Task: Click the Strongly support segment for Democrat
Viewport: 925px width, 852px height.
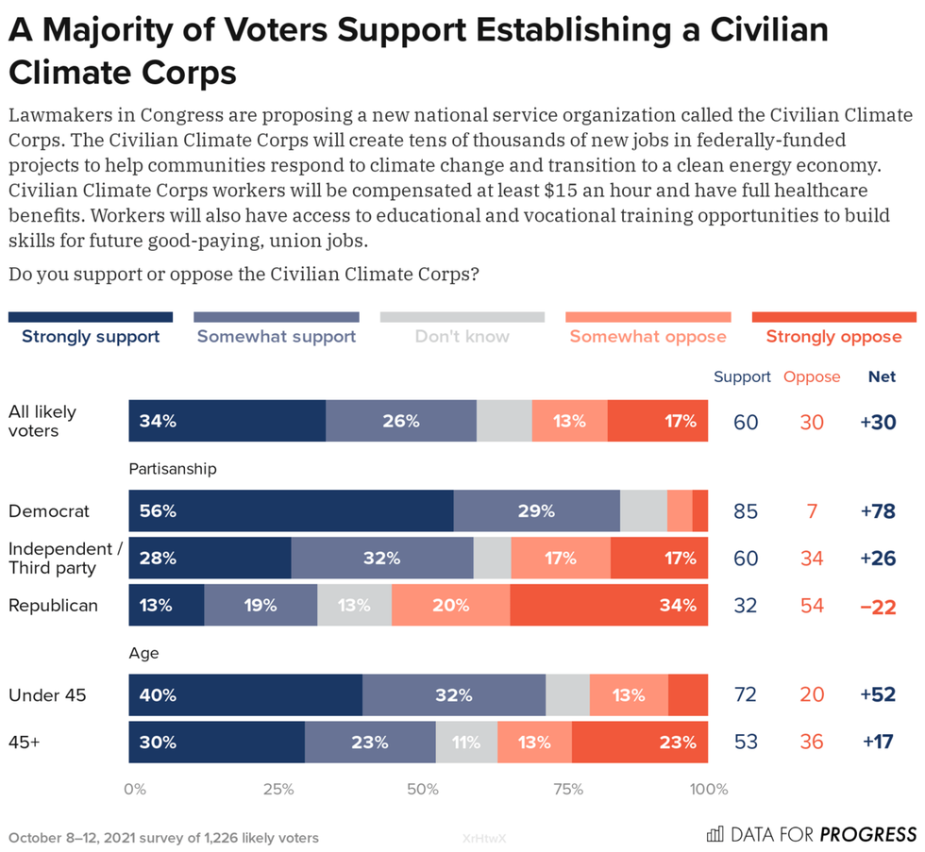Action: pos(291,511)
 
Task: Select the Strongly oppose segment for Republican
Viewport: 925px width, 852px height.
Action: pos(609,605)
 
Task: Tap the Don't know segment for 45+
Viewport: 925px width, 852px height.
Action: pos(466,742)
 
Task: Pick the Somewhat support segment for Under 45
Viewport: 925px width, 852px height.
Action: pos(454,695)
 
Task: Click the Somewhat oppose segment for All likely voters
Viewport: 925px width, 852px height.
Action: pos(569,421)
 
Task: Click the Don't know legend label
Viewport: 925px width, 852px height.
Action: pos(462,336)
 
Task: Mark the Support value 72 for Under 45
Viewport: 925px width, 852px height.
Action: pos(746,696)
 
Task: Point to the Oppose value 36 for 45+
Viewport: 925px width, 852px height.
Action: pos(812,743)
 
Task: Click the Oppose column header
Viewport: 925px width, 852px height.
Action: pos(812,376)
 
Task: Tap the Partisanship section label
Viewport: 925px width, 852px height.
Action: pos(173,468)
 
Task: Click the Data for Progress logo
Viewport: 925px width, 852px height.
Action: pos(812,834)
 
